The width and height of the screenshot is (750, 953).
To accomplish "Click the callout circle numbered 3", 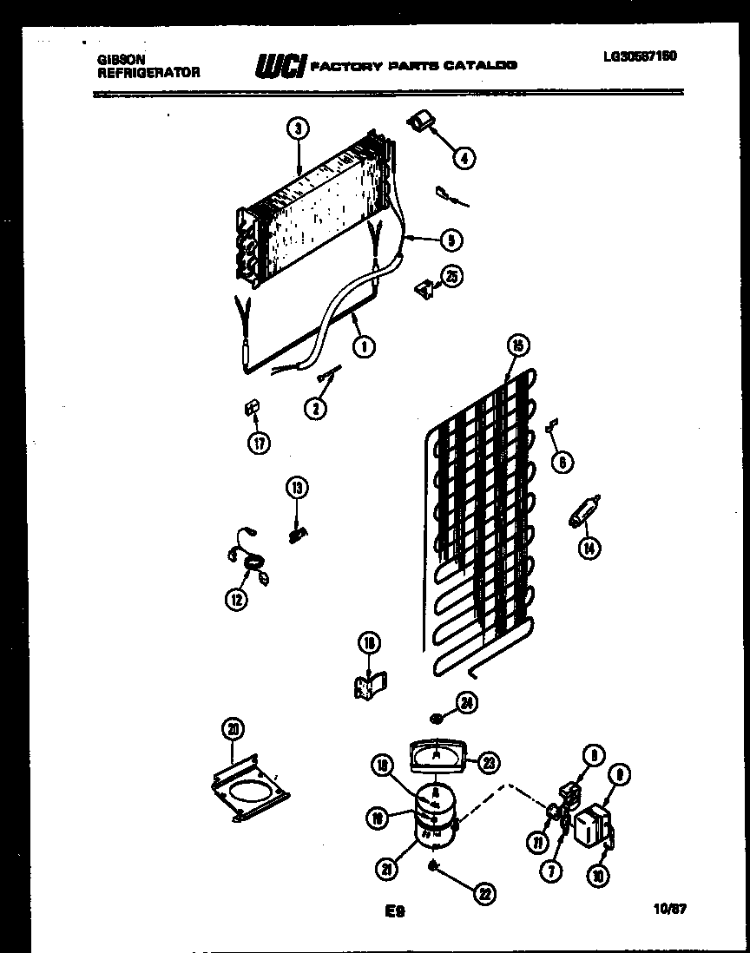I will click(x=298, y=129).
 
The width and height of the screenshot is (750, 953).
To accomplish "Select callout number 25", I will click(x=451, y=276).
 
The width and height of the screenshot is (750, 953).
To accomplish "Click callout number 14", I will click(x=591, y=548).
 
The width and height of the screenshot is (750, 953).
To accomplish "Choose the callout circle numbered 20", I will click(x=233, y=729).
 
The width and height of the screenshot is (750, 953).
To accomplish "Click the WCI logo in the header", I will click(x=280, y=65).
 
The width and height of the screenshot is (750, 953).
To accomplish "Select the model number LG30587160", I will click(x=640, y=57).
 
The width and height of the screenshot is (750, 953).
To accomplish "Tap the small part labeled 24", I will click(x=438, y=717).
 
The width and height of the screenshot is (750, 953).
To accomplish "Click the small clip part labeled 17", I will click(x=252, y=406).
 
